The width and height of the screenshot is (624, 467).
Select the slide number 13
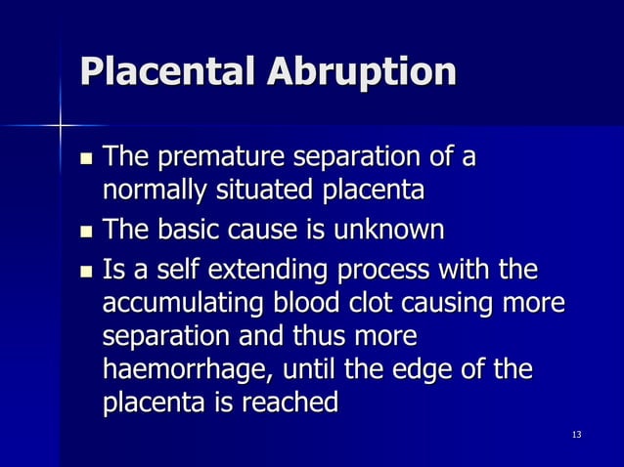coord(576,434)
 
